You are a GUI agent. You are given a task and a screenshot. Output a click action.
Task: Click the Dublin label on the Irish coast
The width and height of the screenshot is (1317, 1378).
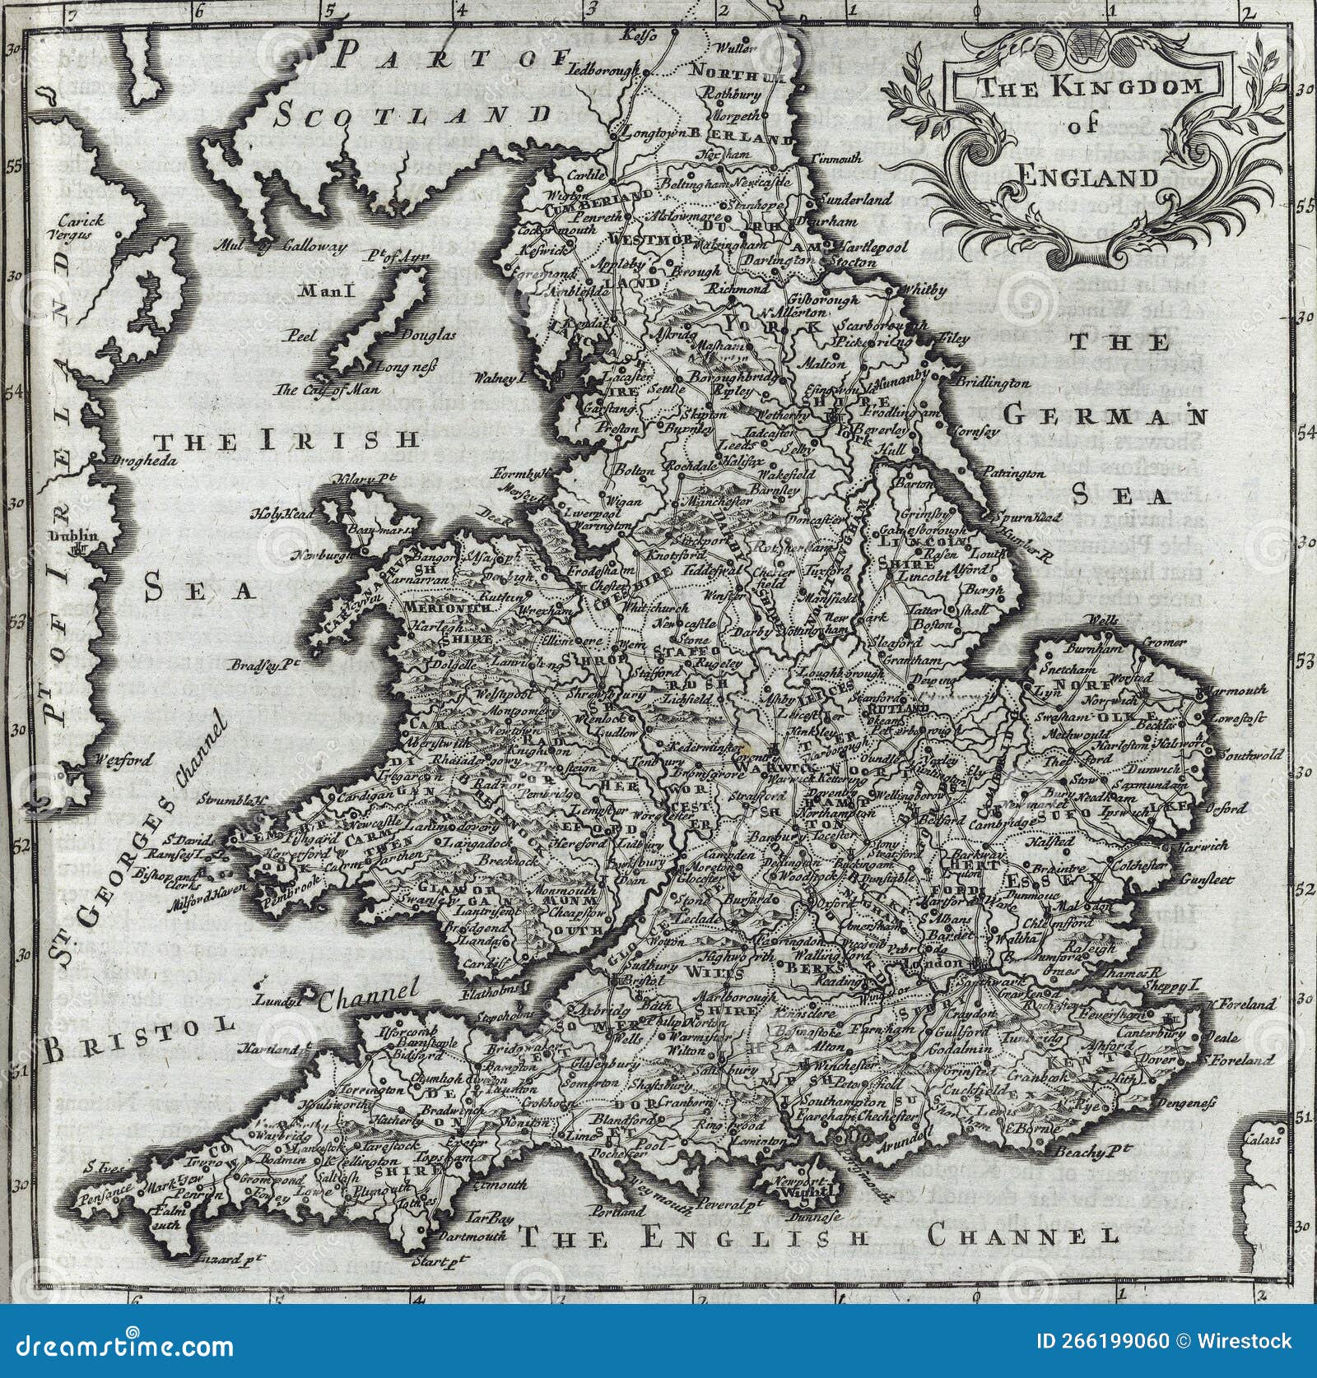coord(73,536)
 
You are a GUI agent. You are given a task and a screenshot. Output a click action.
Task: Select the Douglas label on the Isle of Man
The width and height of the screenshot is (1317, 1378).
coord(427,335)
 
